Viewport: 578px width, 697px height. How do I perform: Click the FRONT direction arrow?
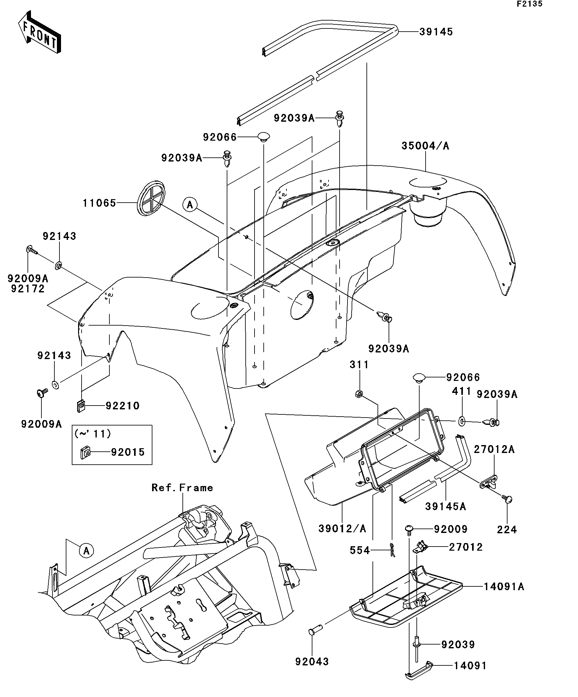pyautogui.click(x=40, y=33)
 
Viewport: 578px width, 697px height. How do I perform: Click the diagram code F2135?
pyautogui.click(x=529, y=4)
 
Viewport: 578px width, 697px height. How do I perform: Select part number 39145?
pyautogui.click(x=436, y=32)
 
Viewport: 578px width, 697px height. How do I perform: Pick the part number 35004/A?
pyautogui.click(x=425, y=146)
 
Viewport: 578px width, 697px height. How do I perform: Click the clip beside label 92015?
pyautogui.click(x=86, y=452)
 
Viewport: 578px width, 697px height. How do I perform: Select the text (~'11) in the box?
pyautogui.click(x=93, y=433)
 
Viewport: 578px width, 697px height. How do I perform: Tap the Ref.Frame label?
pyautogui.click(x=182, y=487)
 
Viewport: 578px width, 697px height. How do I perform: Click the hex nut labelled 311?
pyautogui.click(x=359, y=394)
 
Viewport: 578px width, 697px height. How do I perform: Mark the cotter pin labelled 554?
pyautogui.click(x=392, y=550)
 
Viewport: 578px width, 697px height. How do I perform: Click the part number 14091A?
pyautogui.click(x=504, y=586)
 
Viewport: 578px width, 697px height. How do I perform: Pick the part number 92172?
pyautogui.click(x=28, y=289)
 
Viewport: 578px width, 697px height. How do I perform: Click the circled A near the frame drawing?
pyautogui.click(x=86, y=551)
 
